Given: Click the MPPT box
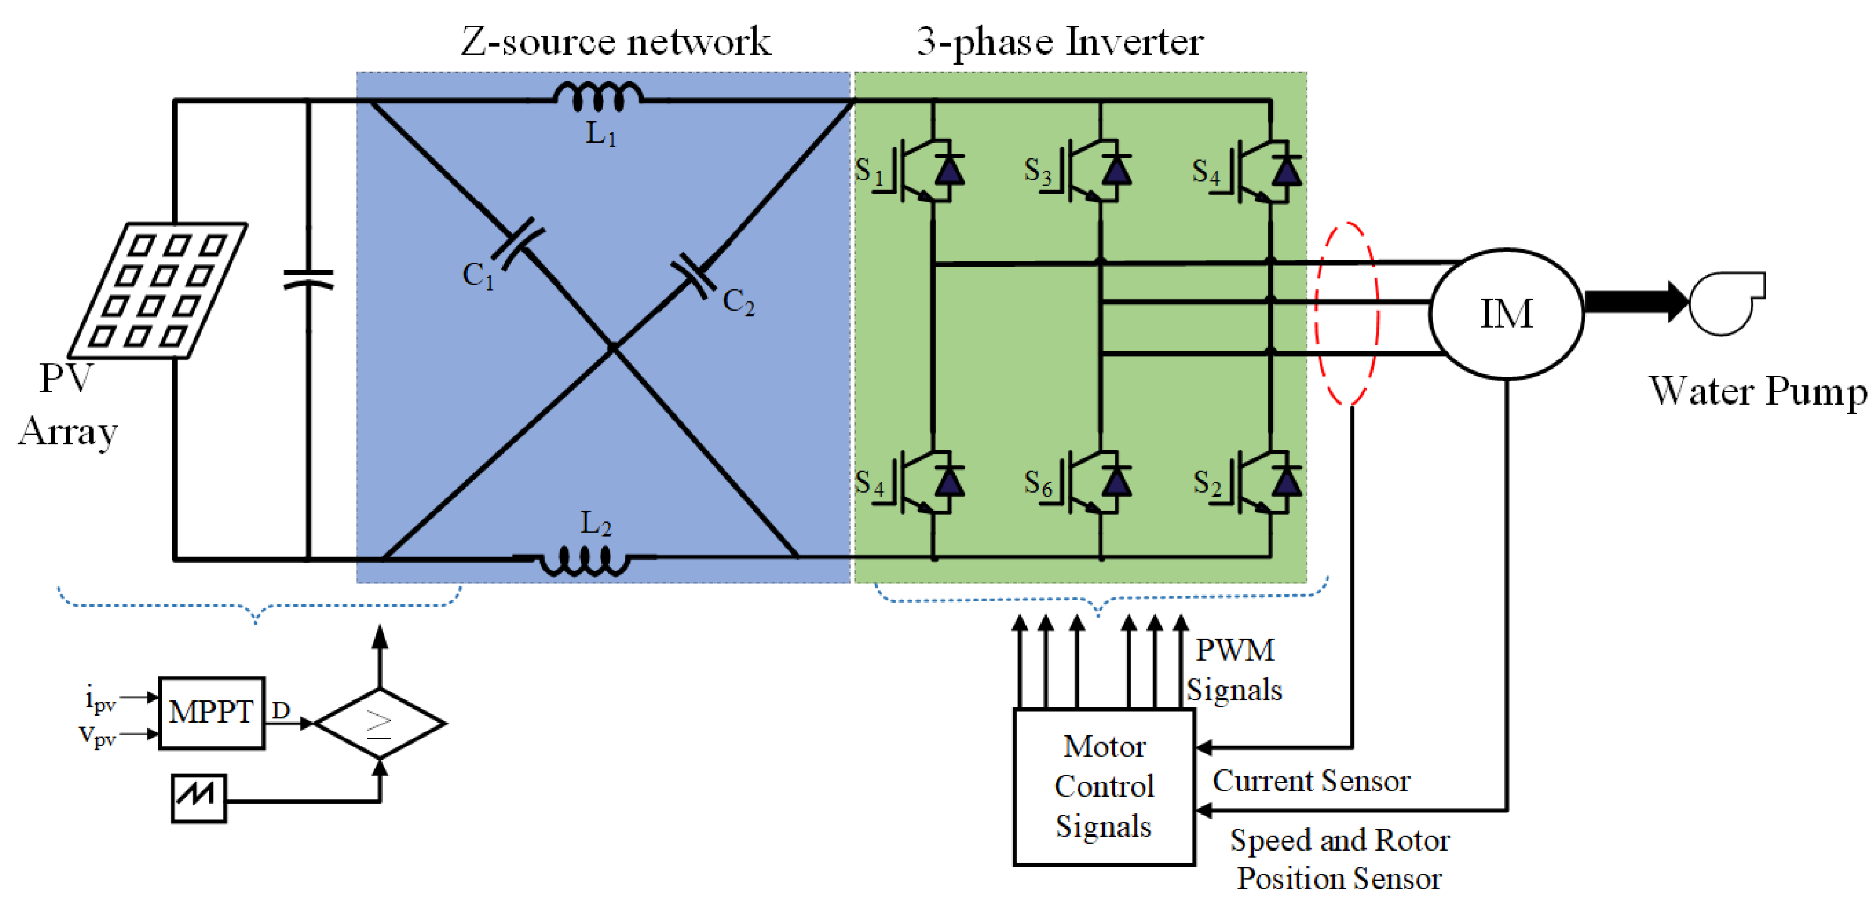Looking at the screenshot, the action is pyautogui.click(x=211, y=712).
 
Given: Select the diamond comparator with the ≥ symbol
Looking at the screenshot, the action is pyautogui.click(x=379, y=723).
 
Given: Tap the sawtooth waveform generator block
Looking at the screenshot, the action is pyautogui.click(x=198, y=798).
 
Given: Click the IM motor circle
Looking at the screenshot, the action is pyautogui.click(x=1506, y=314).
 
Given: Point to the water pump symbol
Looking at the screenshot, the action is pyautogui.click(x=1726, y=302).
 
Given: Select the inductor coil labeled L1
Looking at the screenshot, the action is pyautogui.click(x=598, y=97).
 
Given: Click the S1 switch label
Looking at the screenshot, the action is pyautogui.click(x=869, y=172).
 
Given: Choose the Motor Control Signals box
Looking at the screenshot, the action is pyautogui.click(x=1104, y=787).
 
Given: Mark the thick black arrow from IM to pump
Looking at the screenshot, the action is pyautogui.click(x=1637, y=301).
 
